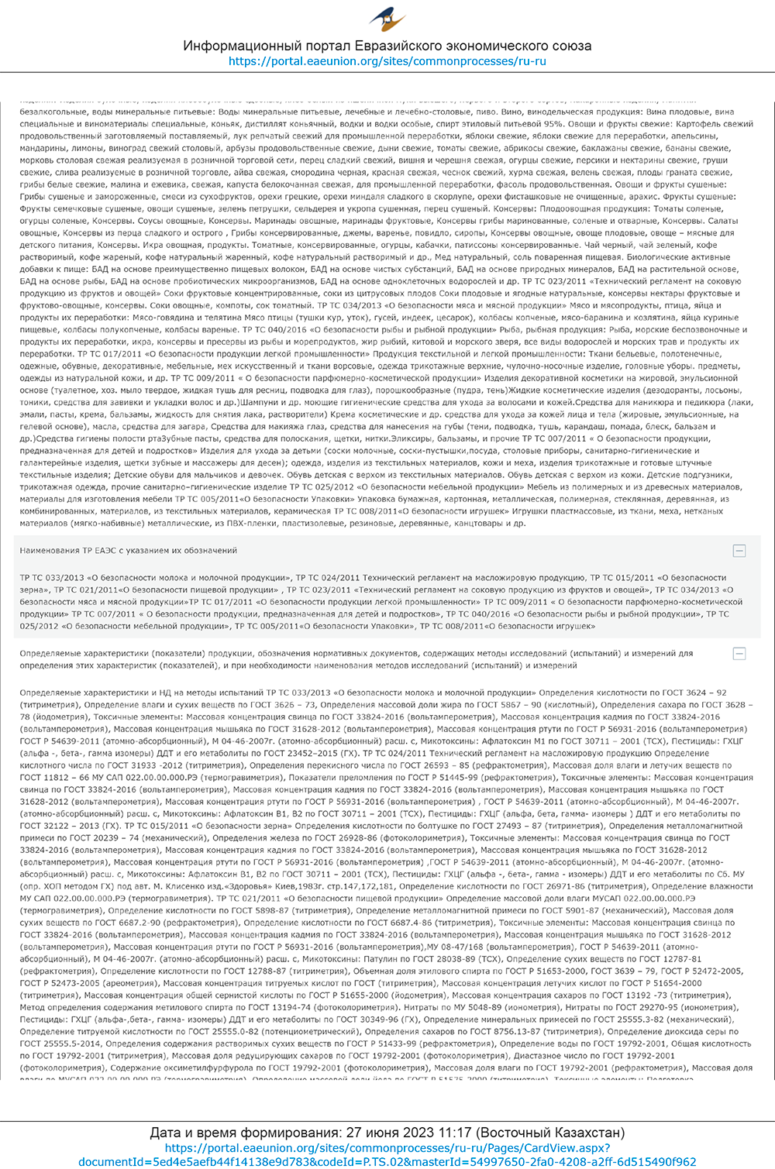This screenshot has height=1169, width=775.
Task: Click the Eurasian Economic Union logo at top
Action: [387, 19]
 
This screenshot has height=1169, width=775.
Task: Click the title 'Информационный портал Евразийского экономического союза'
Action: [387, 46]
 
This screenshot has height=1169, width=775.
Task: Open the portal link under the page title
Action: [387, 61]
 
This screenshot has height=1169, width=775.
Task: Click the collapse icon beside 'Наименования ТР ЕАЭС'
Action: [739, 551]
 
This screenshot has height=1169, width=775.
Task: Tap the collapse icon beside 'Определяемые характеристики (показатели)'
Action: [739, 654]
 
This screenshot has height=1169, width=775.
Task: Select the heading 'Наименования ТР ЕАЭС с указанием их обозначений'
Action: [129, 551]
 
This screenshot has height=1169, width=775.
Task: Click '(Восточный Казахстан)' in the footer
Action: [550, 1133]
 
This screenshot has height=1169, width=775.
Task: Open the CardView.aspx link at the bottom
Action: [387, 1154]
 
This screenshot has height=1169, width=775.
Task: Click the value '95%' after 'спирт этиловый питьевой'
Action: [553, 124]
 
